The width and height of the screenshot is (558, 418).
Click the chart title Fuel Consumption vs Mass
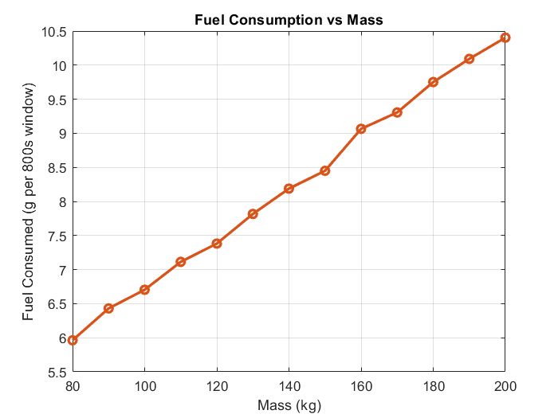[289, 21]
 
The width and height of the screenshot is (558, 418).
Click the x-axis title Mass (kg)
[289, 405]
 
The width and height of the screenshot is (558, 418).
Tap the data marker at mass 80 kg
[73, 340]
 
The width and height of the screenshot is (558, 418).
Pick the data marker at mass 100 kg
[144, 290]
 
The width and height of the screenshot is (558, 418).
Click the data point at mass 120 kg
[217, 244]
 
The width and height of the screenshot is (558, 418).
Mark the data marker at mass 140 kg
[289, 189]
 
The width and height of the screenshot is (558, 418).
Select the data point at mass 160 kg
[361, 129]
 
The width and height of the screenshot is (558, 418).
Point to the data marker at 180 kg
[433, 82]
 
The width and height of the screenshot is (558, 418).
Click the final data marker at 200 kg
[505, 37]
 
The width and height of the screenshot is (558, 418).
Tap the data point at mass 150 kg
[325, 171]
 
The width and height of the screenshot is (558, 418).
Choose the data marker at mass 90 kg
[108, 308]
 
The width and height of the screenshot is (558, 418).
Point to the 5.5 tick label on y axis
[57, 372]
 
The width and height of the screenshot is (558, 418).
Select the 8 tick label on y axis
[62, 201]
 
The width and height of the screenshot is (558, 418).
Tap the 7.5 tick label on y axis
[57, 236]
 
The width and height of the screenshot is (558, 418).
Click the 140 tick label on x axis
[289, 387]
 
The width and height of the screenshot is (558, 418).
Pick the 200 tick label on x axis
[505, 387]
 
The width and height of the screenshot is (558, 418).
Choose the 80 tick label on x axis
[73, 387]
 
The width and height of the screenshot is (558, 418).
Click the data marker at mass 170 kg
[397, 112]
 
